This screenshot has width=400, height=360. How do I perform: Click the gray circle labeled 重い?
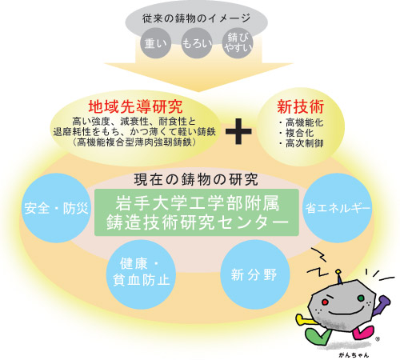155,43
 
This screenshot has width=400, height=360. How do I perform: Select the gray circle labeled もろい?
197,43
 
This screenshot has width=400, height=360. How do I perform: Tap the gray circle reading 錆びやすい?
238,43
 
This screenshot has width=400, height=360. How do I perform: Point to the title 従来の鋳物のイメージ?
197,18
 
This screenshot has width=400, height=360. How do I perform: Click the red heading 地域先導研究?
135,107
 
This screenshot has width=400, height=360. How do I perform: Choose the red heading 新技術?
301,106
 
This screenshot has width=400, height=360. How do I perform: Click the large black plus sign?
238,131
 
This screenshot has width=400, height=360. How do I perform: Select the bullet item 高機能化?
301,122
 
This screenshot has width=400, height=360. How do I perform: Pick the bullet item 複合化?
296,133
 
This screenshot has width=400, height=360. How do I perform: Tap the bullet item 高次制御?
301,143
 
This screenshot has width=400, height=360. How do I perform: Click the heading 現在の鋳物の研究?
196,179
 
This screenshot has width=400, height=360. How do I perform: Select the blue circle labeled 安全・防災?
56,208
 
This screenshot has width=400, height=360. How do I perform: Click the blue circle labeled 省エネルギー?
338,208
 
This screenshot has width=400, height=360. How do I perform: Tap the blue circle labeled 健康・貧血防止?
141,274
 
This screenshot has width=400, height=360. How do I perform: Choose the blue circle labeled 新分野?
254,274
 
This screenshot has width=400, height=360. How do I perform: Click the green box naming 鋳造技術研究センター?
197,213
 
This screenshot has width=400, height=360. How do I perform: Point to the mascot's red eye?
325,302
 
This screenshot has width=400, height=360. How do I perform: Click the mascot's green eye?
361,298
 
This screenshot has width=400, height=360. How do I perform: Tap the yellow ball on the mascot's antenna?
338,272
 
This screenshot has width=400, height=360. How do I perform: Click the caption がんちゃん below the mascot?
354,355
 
